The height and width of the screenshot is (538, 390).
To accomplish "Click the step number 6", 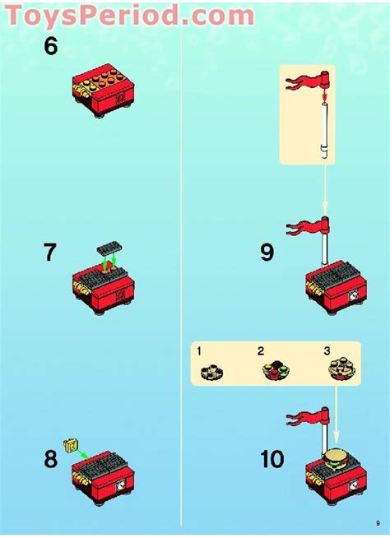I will pyautogui.click(x=51, y=47).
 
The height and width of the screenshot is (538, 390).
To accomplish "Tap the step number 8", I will pyautogui.click(x=51, y=458).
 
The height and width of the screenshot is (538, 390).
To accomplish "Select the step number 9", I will pyautogui.click(x=267, y=252).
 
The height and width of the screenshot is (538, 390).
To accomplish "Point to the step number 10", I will pyautogui.click(x=272, y=458).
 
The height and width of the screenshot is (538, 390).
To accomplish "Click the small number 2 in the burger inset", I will pyautogui.click(x=261, y=351).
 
